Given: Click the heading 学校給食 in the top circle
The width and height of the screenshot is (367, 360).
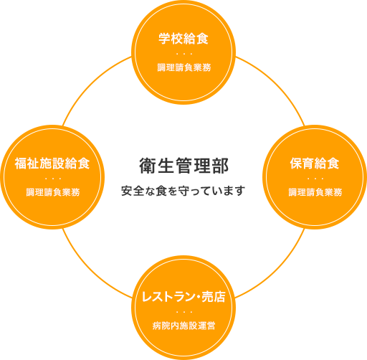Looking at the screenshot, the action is [x=183, y=39].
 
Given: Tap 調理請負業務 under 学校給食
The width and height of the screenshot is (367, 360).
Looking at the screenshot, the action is [x=184, y=67].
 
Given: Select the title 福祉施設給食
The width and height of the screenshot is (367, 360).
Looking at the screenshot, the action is [x=52, y=164].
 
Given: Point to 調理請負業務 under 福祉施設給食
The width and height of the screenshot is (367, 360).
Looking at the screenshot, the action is [x=53, y=192].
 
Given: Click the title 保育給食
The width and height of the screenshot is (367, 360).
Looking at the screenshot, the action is [x=315, y=164].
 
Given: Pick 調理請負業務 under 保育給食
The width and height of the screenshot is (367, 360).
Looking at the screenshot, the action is [x=315, y=192].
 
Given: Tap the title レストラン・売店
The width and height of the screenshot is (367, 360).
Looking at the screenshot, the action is [x=183, y=297].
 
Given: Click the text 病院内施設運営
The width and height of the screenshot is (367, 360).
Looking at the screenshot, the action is [x=183, y=326].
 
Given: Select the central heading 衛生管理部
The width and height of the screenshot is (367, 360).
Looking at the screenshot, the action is [x=183, y=166].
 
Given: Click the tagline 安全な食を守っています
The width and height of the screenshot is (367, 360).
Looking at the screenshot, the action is [x=183, y=191].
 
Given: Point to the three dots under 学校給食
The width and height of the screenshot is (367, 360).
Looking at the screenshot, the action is [x=184, y=54].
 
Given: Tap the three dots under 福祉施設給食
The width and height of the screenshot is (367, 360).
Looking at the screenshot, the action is [x=53, y=179].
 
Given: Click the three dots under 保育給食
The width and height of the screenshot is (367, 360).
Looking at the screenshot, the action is [x=315, y=179].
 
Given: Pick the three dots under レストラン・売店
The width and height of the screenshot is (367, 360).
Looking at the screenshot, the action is [x=184, y=312].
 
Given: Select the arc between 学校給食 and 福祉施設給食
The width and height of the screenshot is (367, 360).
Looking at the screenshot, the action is [x=91, y=84].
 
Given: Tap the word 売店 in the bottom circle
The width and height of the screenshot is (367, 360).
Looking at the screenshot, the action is [x=214, y=297].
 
